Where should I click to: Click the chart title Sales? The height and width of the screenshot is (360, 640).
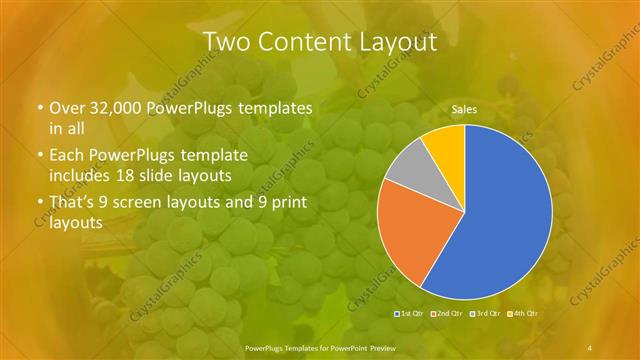pos(463,108)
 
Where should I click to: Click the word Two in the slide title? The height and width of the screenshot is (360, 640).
pos(229,42)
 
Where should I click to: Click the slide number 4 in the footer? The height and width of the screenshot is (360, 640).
pos(591,347)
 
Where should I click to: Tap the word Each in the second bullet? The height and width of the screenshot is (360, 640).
pos(66,155)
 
